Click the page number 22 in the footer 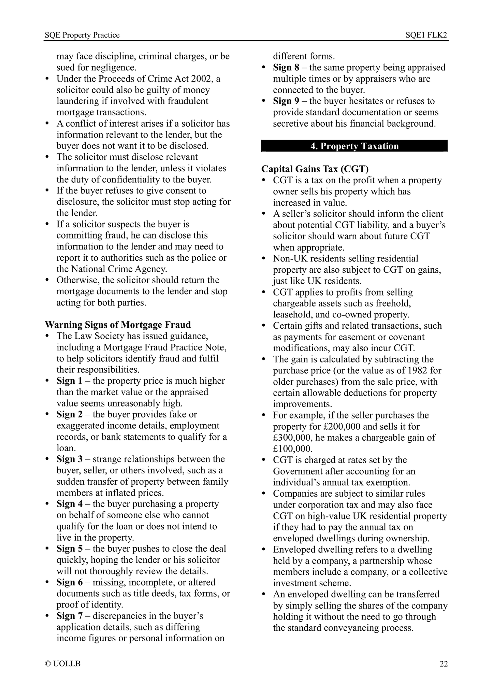click(443, 664)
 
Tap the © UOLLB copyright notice click(62, 664)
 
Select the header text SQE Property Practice click(82, 35)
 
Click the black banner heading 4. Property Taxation click(354, 146)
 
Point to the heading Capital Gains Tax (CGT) click(315, 169)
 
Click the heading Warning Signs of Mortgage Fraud click(118, 325)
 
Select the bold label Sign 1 click(69, 381)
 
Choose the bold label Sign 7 click(69, 616)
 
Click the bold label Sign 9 click(286, 101)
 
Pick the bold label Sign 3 click(69, 459)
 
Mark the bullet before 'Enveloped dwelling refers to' click(264, 550)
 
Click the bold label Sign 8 click(286, 68)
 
